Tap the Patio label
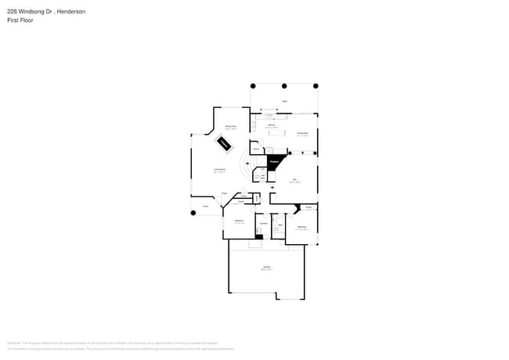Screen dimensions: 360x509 pos(284,101)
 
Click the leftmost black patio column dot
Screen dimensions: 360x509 pos(252,85)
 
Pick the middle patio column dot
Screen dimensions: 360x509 pos(284,85)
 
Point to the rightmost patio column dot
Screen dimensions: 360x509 pos(316,85)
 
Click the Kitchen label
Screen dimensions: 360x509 pos(271,124)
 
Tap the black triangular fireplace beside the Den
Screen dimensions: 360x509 pos(274,162)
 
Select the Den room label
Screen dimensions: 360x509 pos(295,180)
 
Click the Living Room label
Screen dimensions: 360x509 pos(220,169)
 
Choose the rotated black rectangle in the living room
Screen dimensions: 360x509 pos(224,143)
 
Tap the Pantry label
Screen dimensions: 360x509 pos(256,149)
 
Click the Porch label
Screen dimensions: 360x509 pos(206,207)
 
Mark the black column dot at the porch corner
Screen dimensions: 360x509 pos(193,212)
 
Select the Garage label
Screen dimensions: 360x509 pos(266,267)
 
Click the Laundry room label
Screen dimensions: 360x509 pos(264,225)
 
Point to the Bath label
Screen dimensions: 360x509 pos(280,225)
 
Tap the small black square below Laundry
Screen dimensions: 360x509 pos(259,236)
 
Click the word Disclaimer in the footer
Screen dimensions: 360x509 pos(13,343)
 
